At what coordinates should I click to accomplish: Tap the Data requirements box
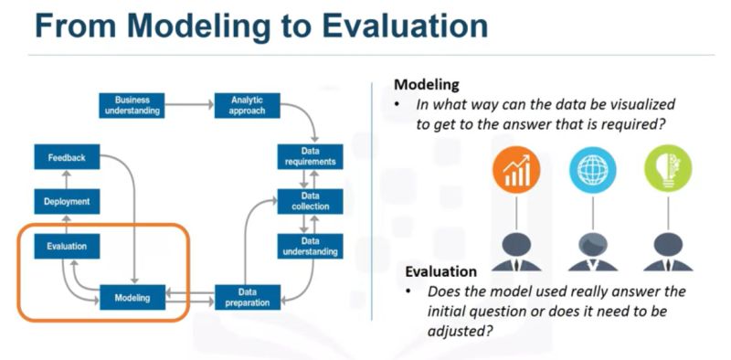coord(310,156)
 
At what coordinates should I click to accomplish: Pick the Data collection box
coord(310,201)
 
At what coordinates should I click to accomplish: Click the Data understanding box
coord(310,246)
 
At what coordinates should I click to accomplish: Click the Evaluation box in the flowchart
coord(67,246)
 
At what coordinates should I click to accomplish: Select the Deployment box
coord(67,201)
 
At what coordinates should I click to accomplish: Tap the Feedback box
coord(67,157)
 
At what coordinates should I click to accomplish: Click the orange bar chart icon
coord(518,169)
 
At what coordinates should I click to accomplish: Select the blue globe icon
coord(592,169)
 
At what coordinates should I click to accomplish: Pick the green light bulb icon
coord(668,169)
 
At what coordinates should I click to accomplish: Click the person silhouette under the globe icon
coord(592,251)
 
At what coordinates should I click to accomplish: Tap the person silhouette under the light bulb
coord(668,251)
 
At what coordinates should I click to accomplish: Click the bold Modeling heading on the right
coord(427,84)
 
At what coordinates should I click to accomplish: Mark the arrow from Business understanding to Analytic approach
coord(188,105)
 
